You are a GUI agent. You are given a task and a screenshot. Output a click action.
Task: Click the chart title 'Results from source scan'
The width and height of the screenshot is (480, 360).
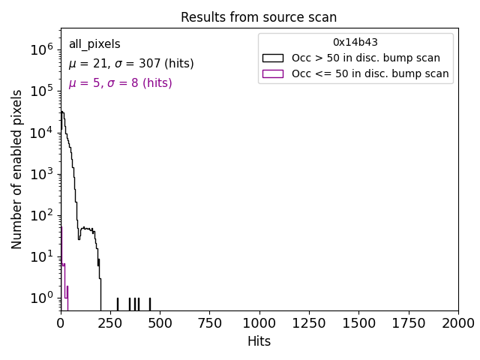pos(259,17)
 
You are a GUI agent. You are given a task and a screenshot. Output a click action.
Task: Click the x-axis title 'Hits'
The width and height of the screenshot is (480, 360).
pos(259,341)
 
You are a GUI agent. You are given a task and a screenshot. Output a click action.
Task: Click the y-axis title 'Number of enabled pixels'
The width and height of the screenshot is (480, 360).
pos(16,169)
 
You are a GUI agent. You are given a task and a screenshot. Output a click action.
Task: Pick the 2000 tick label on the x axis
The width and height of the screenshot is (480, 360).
pos(457,323)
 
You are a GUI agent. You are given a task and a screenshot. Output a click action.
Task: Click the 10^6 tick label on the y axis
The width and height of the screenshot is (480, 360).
pos(40,49)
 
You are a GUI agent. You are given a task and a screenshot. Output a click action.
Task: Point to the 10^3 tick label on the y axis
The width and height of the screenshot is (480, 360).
pos(40,174)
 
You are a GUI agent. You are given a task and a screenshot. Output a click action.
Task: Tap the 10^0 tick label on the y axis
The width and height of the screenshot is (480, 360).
pos(40,298)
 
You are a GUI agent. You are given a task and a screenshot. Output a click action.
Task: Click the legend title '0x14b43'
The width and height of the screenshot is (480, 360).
pos(355,43)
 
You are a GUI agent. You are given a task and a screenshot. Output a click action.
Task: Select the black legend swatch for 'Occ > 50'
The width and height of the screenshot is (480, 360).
pos(272,58)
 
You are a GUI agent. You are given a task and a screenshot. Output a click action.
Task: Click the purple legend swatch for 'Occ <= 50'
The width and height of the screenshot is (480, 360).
pos(272,73)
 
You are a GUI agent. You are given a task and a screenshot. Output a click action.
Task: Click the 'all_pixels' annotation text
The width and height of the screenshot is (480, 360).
pos(94,44)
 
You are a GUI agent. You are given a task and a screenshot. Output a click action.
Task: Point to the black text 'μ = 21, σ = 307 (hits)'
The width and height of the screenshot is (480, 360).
pos(131,64)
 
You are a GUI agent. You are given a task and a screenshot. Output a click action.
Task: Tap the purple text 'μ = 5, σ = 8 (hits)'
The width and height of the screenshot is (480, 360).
pos(120,83)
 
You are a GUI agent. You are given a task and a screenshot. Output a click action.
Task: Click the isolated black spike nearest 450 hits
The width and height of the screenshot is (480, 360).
pos(149,304)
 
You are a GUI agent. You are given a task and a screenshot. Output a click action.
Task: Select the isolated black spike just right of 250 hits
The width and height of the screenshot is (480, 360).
pos(117,304)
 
